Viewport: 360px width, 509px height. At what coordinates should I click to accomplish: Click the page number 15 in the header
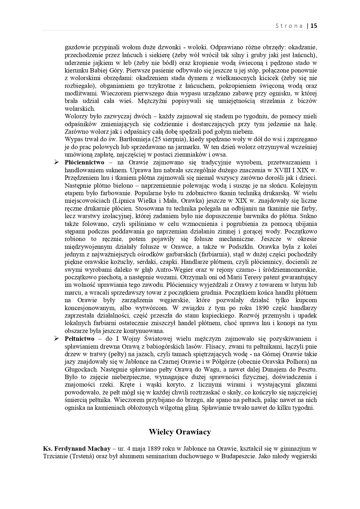pyautogui.click(x=314, y=26)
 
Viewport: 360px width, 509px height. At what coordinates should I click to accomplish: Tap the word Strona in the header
pyautogui.click(x=289, y=26)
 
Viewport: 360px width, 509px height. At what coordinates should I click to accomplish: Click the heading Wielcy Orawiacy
pyautogui.click(x=180, y=432)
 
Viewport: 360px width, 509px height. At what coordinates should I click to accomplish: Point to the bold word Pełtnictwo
pyautogui.click(x=79, y=338)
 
